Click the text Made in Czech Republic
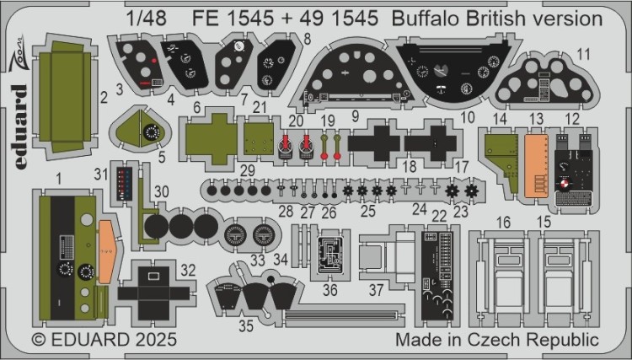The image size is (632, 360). (x=497, y=341)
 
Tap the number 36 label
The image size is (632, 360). (x=330, y=289)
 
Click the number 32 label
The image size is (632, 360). (x=189, y=271)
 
